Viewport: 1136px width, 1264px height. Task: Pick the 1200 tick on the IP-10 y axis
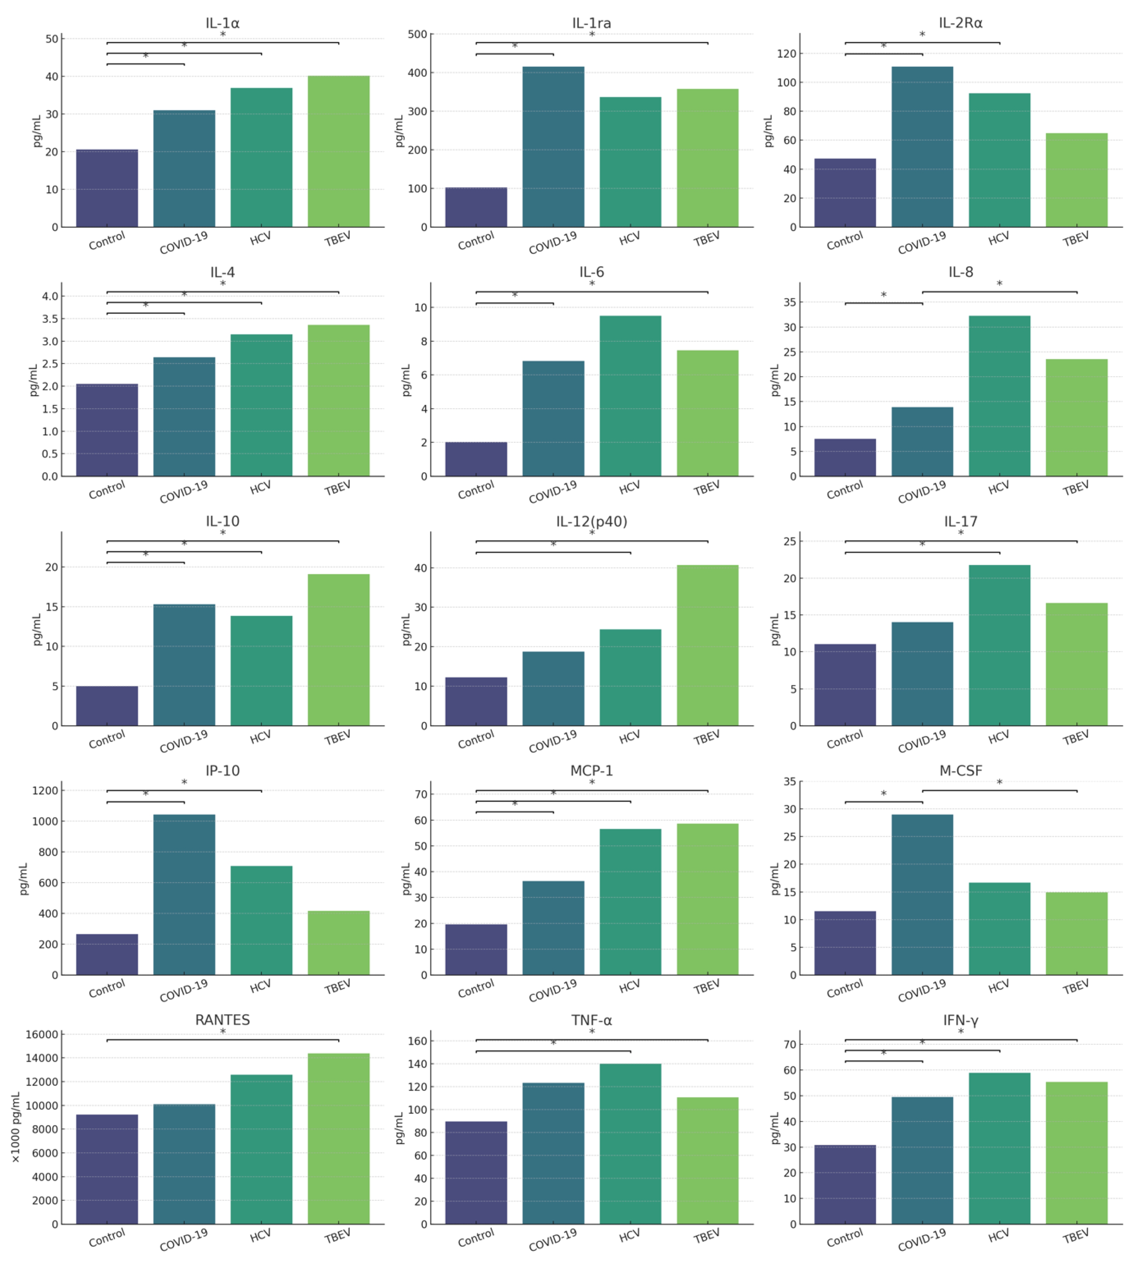pos(45,791)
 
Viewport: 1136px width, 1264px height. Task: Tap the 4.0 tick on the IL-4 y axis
pos(50,296)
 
